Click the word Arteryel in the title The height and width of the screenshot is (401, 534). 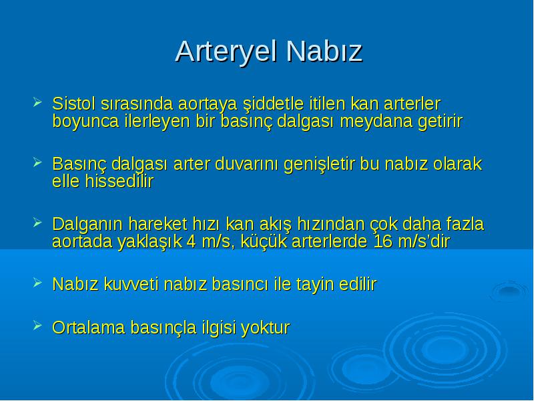226,52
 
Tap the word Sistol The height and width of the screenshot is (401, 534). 73,104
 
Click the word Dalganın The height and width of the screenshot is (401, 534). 87,225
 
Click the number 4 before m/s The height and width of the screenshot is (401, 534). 192,242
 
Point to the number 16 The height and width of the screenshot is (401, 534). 383,242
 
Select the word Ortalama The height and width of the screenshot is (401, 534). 89,327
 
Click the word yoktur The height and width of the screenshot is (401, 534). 265,327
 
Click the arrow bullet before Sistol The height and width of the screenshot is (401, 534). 37,102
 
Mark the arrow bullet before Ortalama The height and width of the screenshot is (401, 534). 37,325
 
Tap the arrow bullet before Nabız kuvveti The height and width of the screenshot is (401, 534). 37,282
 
